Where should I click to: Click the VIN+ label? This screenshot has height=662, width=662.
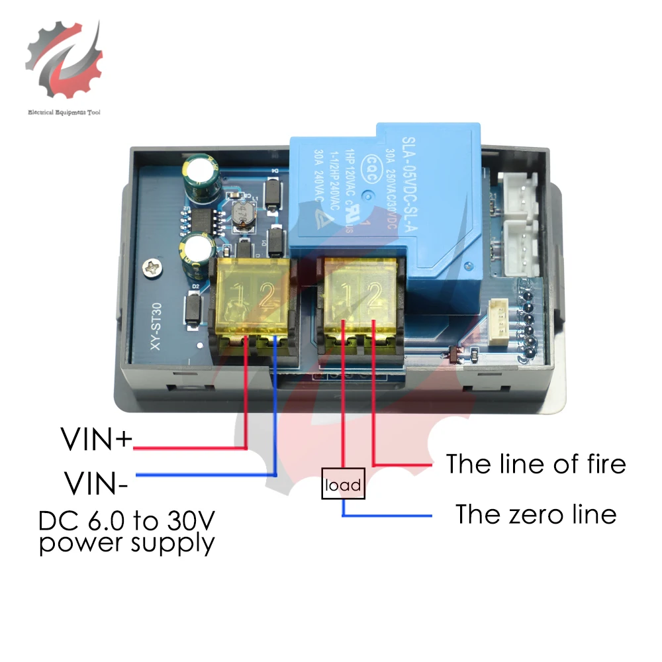[x=97, y=439]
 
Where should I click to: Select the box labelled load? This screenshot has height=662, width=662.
[x=343, y=485]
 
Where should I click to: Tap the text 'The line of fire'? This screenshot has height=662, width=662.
[x=535, y=463]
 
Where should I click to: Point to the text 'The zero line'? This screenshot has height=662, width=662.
[x=536, y=514]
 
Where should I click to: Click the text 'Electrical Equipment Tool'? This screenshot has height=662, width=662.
[x=64, y=113]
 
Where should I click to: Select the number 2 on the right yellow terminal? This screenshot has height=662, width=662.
[x=372, y=293]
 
